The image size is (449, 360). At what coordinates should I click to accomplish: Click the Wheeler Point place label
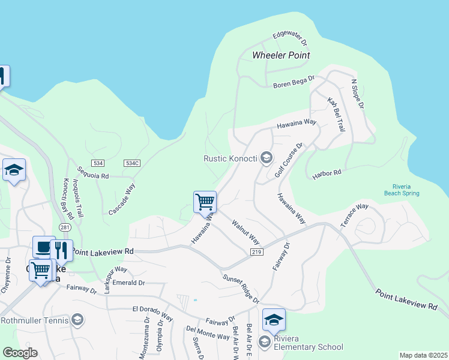(x=281, y=55)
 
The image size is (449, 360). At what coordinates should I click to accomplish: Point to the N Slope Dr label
(x=358, y=94)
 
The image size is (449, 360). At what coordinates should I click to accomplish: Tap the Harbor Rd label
(x=327, y=175)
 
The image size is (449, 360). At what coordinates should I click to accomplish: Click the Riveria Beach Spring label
(x=402, y=190)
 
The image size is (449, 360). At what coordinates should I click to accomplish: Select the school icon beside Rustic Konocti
(x=267, y=158)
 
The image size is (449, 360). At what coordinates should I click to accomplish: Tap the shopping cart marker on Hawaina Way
(x=205, y=202)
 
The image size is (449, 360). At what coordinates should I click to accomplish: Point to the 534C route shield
(x=132, y=163)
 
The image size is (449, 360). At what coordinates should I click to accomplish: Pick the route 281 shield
(x=65, y=227)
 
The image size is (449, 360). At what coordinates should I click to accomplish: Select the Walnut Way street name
(x=246, y=231)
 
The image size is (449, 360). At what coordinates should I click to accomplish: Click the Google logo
(x=20, y=353)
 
